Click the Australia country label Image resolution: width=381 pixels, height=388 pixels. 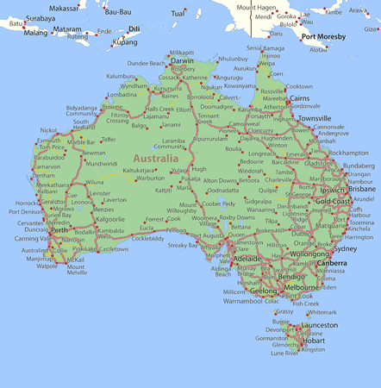click(156, 159)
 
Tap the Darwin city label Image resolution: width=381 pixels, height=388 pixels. click(182, 61)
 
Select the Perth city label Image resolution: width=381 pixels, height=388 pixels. click(59, 231)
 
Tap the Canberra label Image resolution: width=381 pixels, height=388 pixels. click(332, 263)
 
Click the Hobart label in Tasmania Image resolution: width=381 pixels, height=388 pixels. click(315, 341)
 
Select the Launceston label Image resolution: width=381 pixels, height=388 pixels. click(321, 325)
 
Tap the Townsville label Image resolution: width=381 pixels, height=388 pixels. click(315, 117)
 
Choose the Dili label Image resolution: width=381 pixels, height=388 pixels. click(134, 28)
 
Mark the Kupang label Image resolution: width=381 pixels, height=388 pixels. click(125, 41)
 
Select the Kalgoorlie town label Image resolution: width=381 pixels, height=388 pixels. click(109, 219)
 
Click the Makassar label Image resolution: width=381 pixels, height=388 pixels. click(63, 7)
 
